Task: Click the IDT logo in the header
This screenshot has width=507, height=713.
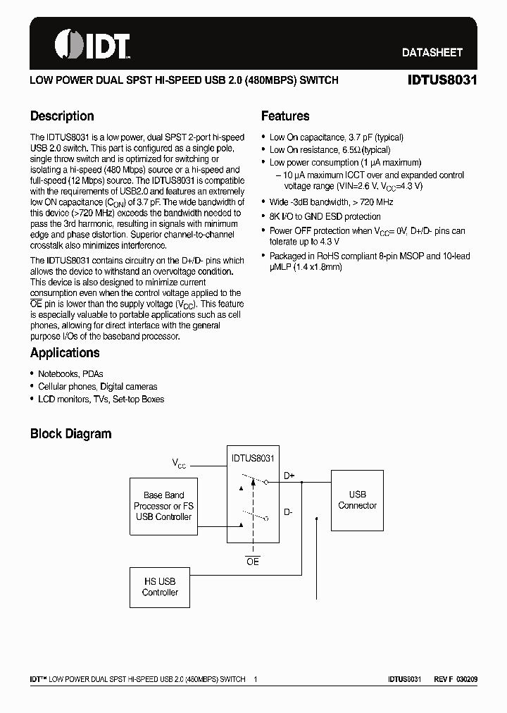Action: tap(92, 44)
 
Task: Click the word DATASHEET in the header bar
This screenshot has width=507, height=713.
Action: tap(432, 52)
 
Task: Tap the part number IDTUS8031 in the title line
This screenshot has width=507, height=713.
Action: tap(442, 80)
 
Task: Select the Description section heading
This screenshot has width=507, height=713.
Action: tap(62, 116)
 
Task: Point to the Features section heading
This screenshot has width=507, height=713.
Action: tap(285, 116)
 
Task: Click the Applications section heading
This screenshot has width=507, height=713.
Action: tap(65, 353)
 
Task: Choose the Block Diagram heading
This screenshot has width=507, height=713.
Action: tap(70, 434)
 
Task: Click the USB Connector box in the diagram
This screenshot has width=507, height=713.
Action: tap(357, 500)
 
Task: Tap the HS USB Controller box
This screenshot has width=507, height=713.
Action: tap(160, 587)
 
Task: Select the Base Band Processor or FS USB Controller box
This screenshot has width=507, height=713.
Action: tap(163, 506)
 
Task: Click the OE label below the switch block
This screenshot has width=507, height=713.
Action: tap(252, 562)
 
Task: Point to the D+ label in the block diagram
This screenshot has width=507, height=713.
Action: tap(289, 476)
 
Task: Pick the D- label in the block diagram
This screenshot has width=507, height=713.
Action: tap(288, 512)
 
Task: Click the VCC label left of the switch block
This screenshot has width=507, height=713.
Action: tap(180, 464)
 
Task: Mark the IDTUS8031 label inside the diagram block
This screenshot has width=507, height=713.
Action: tap(252, 458)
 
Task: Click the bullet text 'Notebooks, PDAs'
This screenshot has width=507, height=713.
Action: tap(70, 374)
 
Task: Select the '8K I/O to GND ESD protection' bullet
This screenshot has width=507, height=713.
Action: tap(325, 217)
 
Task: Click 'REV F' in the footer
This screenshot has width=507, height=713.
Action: tap(442, 679)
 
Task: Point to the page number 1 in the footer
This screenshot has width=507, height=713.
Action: tap(256, 679)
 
